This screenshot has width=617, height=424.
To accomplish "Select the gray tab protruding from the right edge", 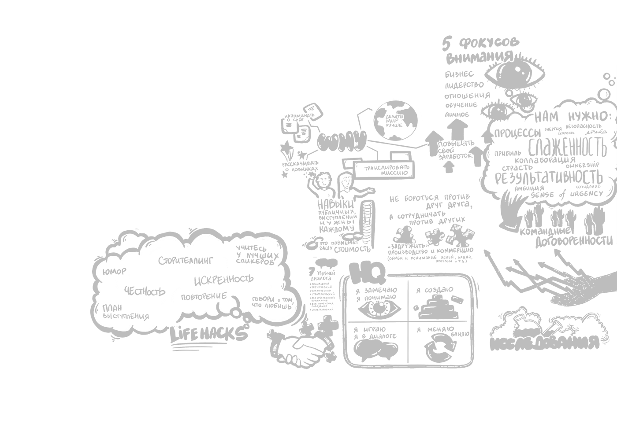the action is click(x=615, y=282).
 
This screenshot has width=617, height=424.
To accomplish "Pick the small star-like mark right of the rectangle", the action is click(x=615, y=169).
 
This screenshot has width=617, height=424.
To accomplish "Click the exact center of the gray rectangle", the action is click(x=353, y=202).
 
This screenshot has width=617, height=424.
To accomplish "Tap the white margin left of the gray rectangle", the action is click(x=44, y=203).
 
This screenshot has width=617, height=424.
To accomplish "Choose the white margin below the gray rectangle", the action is click(x=353, y=396).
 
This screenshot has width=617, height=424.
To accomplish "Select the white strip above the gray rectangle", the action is click(x=353, y=18).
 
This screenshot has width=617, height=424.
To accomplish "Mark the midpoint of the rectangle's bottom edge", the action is click(x=353, y=369).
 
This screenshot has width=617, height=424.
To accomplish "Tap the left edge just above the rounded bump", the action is click(x=92, y=295).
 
